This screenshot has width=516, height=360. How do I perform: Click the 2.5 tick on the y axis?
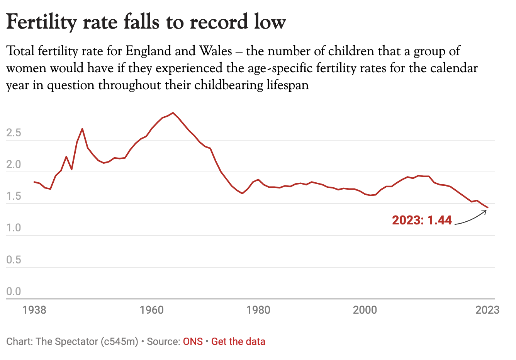(x=14, y=133)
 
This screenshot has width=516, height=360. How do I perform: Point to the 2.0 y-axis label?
(x=14, y=165)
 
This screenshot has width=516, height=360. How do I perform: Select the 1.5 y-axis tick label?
(x=14, y=197)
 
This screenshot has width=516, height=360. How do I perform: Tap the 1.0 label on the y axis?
(x=14, y=228)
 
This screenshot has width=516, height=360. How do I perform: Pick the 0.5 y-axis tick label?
(x=14, y=260)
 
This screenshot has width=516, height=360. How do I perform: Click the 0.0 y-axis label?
(x=14, y=292)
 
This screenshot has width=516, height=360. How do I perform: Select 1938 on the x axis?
(x=34, y=310)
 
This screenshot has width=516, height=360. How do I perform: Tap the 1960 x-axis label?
(x=152, y=310)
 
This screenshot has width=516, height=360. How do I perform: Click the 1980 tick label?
(x=258, y=310)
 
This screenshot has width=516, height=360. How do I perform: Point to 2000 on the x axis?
(x=365, y=310)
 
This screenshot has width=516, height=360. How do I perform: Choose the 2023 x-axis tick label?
(x=487, y=310)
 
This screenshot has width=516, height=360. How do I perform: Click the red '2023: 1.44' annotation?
(x=422, y=220)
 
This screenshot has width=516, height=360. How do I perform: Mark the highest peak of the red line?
(x=173, y=113)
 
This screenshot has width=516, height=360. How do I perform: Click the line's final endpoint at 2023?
(x=488, y=207)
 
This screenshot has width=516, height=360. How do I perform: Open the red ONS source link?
(x=193, y=342)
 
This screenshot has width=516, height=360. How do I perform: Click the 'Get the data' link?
(x=238, y=342)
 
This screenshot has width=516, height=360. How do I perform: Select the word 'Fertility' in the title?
(x=42, y=22)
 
